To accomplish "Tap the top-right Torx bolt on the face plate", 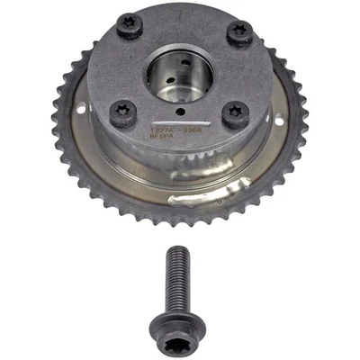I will point(238,33).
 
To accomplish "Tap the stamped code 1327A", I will point(162,128).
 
